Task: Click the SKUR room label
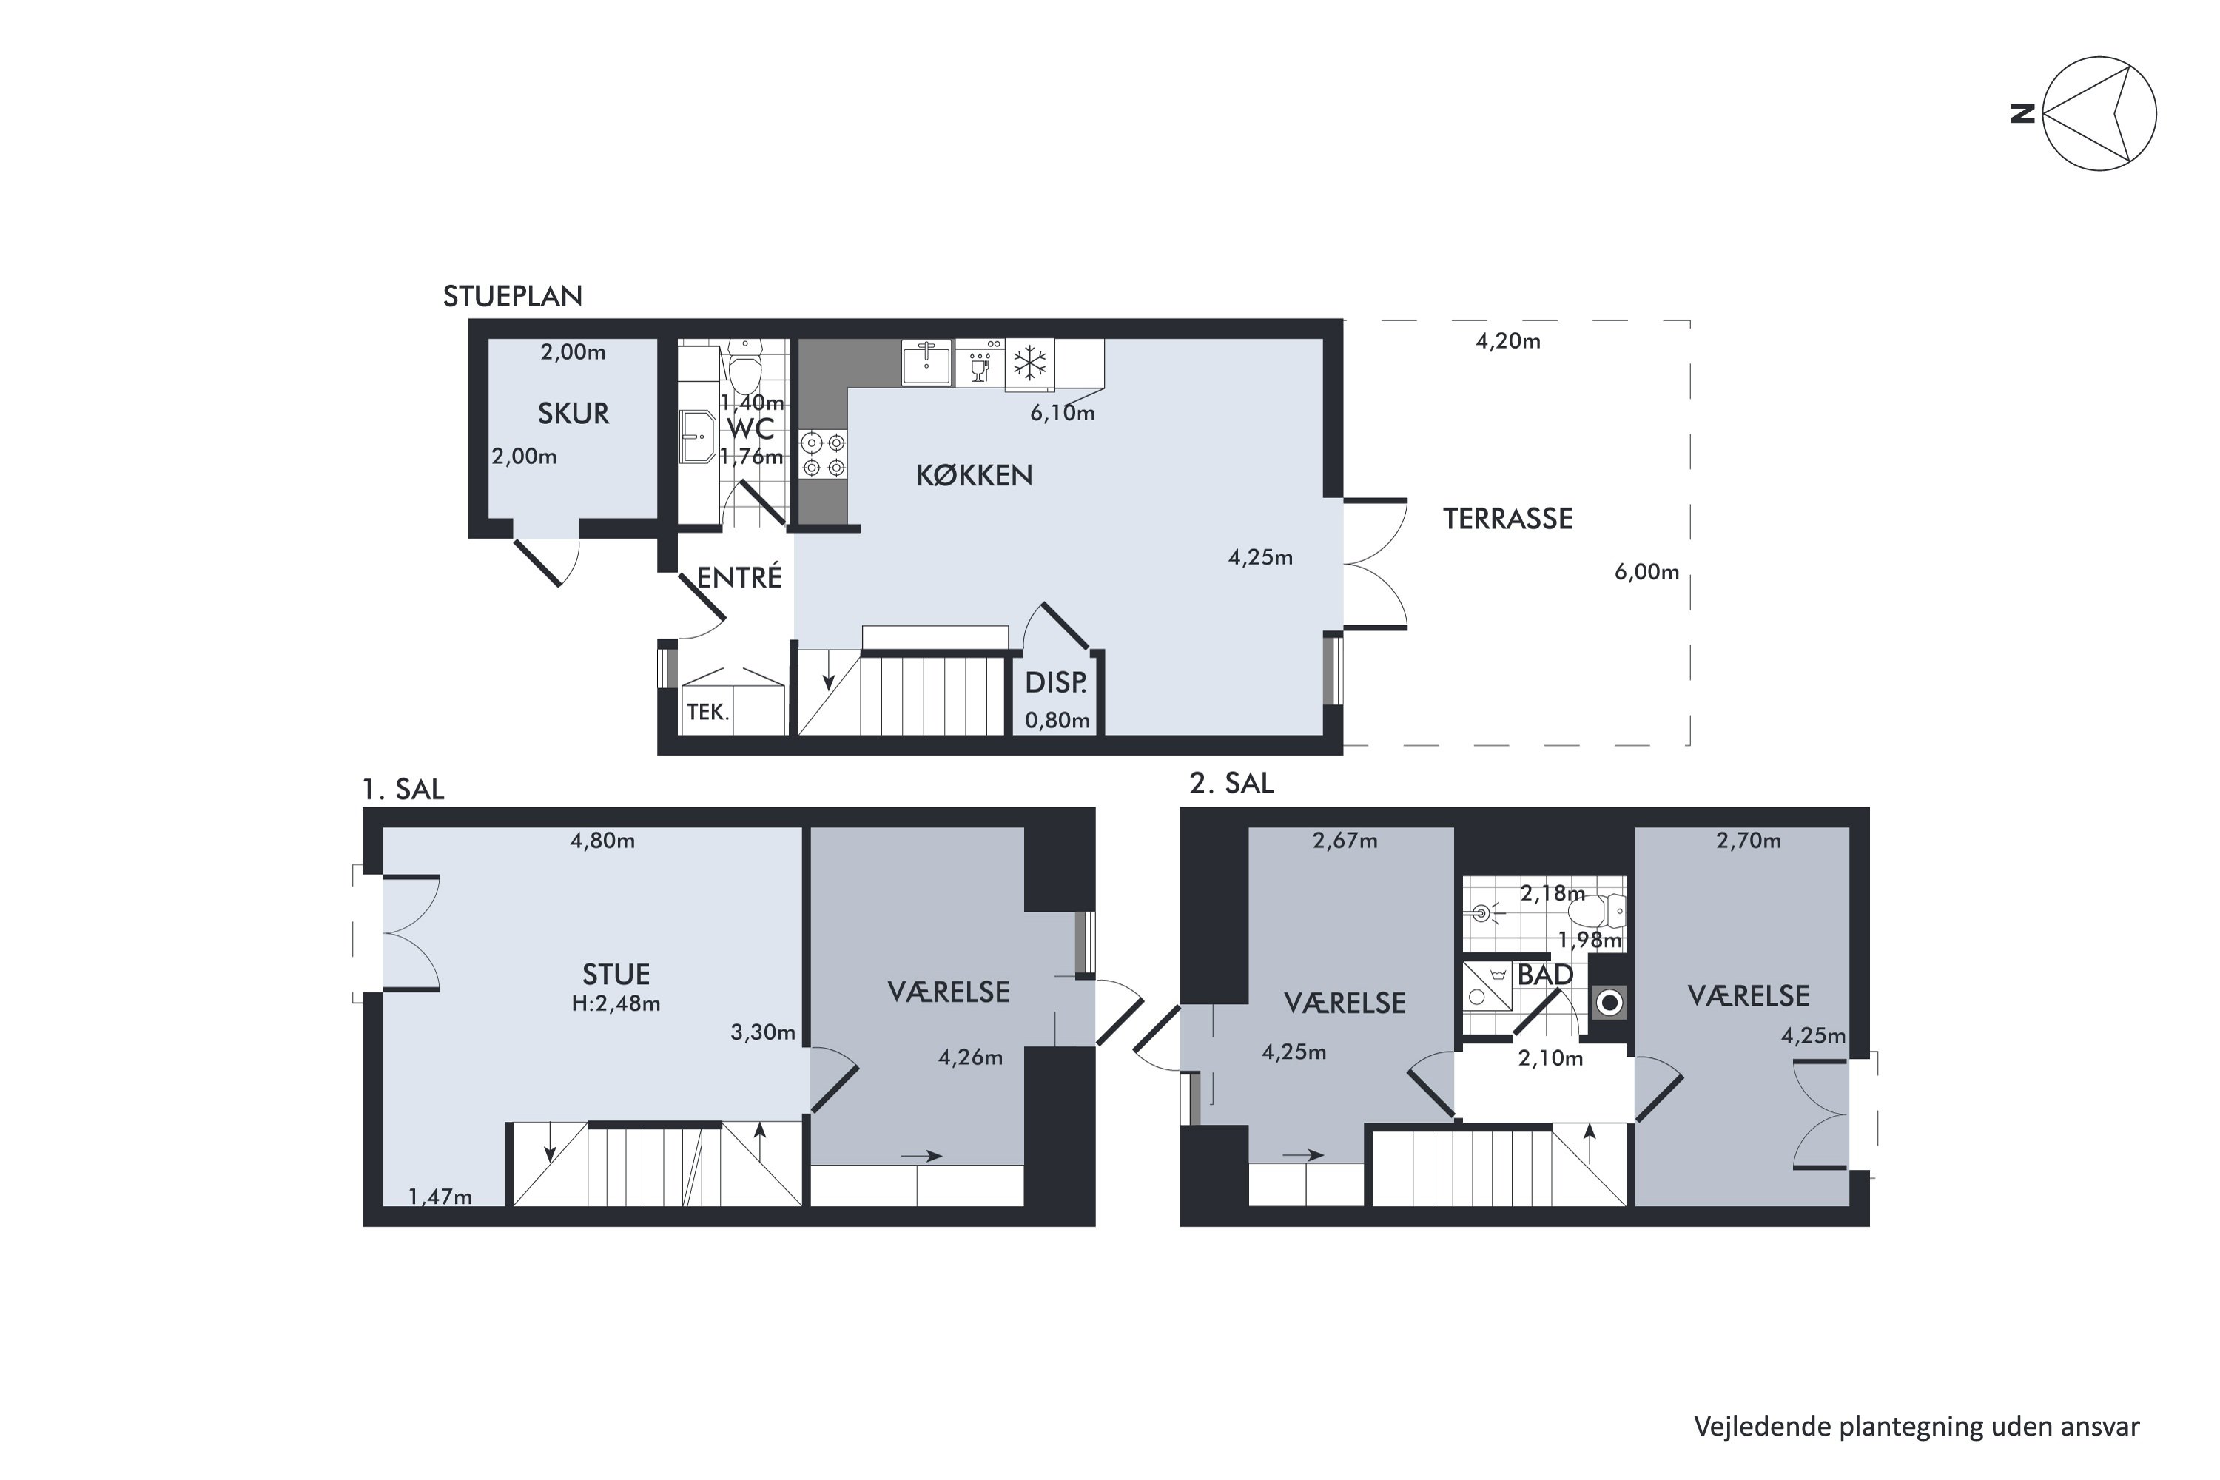pyautogui.click(x=573, y=414)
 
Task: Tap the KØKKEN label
pyautogui.click(x=974, y=475)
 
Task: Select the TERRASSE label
pyautogui.click(x=1507, y=518)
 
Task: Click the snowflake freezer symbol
pyautogui.click(x=1030, y=363)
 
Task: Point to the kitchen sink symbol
pyautogui.click(x=926, y=363)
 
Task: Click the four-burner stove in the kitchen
pyautogui.click(x=823, y=454)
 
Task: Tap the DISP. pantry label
pyautogui.click(x=1055, y=682)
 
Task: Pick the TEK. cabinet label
pyautogui.click(x=708, y=712)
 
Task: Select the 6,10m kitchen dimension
pyautogui.click(x=1062, y=412)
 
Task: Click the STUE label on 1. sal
pyautogui.click(x=616, y=974)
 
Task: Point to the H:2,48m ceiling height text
pyautogui.click(x=616, y=1003)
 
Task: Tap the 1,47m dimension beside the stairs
pyautogui.click(x=440, y=1197)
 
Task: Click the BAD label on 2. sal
pyautogui.click(x=1545, y=974)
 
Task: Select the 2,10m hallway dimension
pyautogui.click(x=1550, y=1058)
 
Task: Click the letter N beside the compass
pyautogui.click(x=2022, y=114)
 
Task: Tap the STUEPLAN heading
pyautogui.click(x=513, y=297)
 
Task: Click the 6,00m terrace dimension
pyautogui.click(x=1647, y=571)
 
